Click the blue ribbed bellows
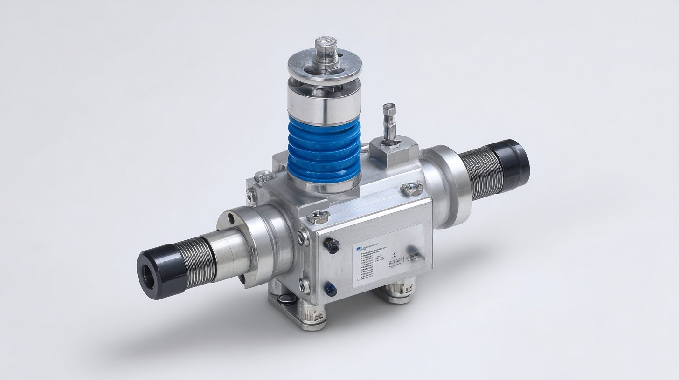point(325,149)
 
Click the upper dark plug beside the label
point(332,245)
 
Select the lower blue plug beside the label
point(331,290)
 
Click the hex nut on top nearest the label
point(319,215)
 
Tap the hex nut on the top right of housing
point(412,188)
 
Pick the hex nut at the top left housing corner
point(264,176)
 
